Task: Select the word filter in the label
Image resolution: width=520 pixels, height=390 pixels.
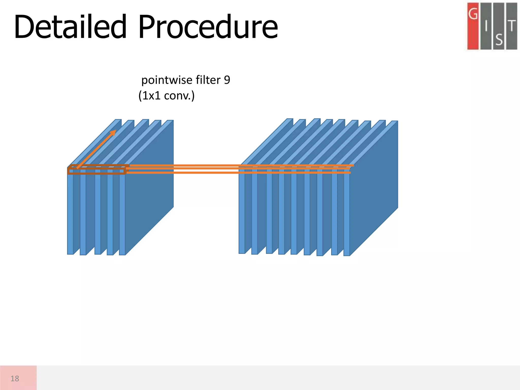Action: coord(208,80)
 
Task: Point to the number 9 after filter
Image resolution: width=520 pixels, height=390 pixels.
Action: coord(227,80)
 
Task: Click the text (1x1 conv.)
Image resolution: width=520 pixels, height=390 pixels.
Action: coord(166,96)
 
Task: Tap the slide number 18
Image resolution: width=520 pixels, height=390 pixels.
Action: coord(15,379)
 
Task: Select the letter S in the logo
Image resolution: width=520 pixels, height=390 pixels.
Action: coord(499,40)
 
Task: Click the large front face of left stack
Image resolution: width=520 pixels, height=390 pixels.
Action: coord(150,188)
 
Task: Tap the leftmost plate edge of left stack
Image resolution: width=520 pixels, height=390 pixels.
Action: coord(70,213)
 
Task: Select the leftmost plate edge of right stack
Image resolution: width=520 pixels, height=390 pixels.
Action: coord(242,213)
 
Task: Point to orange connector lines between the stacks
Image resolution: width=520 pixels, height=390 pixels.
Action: coord(183,169)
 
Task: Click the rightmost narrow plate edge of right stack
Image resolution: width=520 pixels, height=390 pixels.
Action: coord(347,216)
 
